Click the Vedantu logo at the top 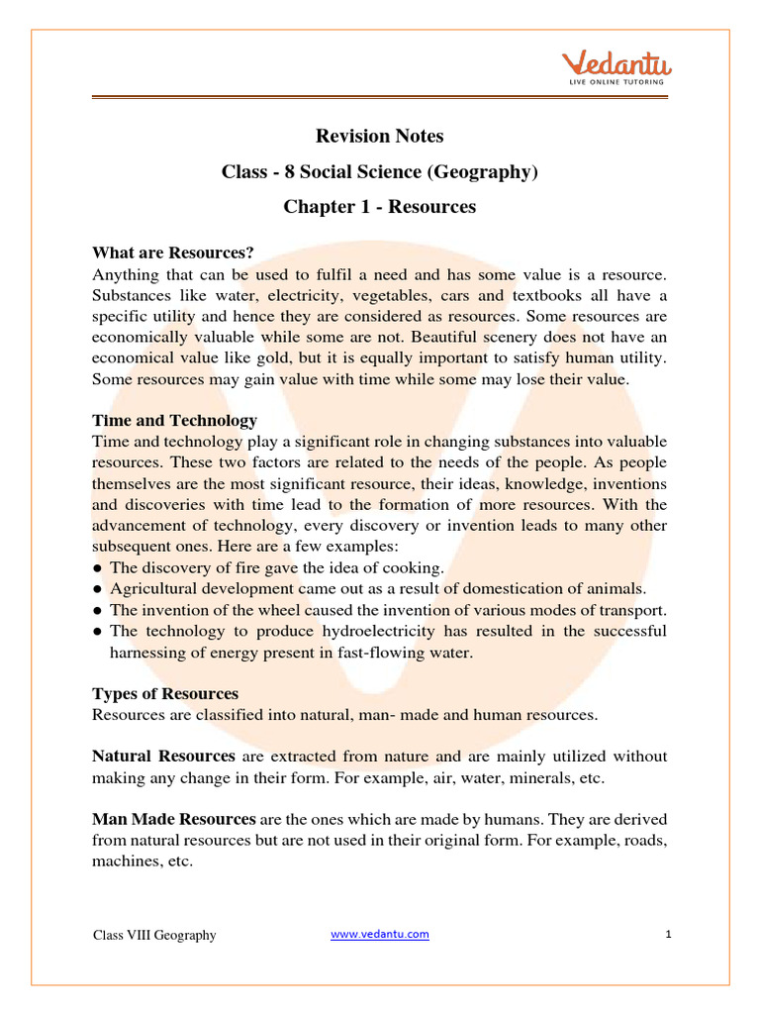pyautogui.click(x=617, y=65)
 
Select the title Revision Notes pyautogui.click(x=379, y=136)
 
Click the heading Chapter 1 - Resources pyautogui.click(x=379, y=207)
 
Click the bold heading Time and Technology pyautogui.click(x=174, y=420)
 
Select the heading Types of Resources pyautogui.click(x=165, y=693)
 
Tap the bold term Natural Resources pyautogui.click(x=163, y=757)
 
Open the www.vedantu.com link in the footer pyautogui.click(x=380, y=934)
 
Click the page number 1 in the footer pyautogui.click(x=669, y=934)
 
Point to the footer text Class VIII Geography pyautogui.click(x=154, y=935)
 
